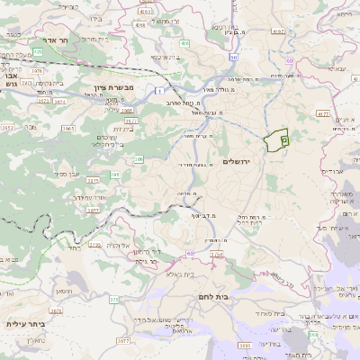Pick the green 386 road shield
pos(139,159)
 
